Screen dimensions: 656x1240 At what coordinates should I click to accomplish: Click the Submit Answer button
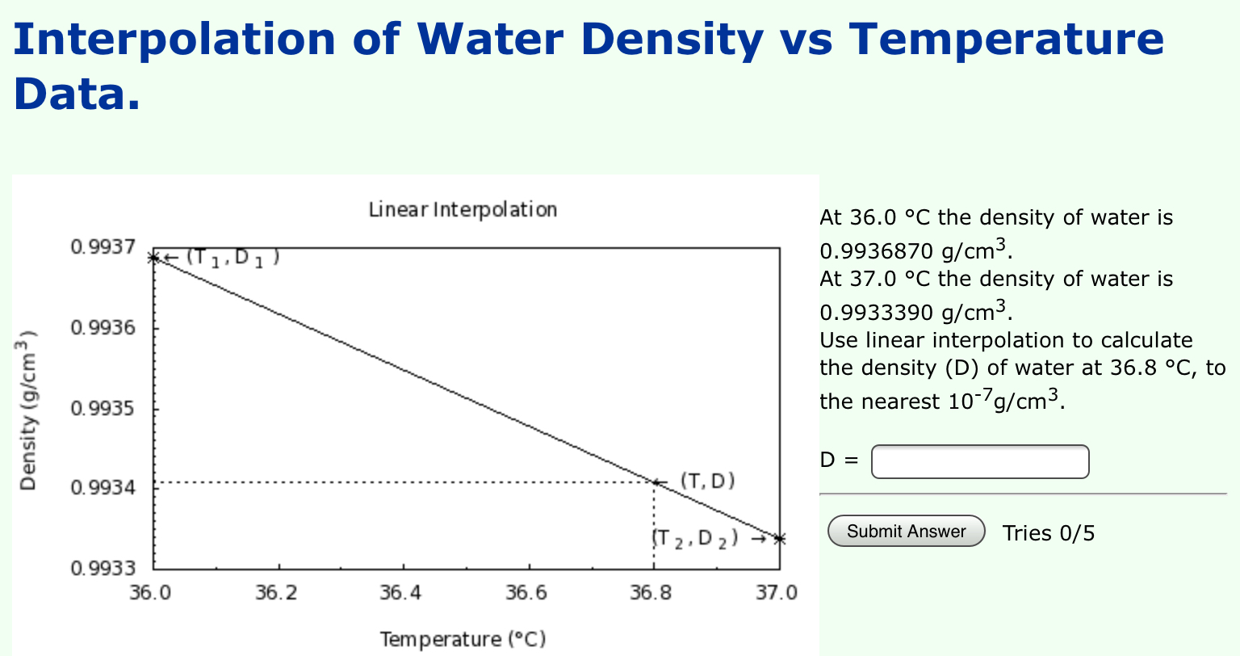(906, 532)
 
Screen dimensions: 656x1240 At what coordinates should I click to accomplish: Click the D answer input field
(980, 461)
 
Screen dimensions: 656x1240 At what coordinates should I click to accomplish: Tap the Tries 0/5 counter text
(1049, 533)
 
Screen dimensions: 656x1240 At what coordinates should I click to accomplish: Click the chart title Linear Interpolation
(463, 210)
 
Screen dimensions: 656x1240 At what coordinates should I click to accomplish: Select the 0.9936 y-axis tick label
(103, 328)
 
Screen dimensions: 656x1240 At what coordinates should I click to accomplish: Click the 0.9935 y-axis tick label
(103, 408)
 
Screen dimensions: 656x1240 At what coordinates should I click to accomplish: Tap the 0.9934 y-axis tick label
(103, 488)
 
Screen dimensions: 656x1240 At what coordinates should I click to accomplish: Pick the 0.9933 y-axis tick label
(103, 568)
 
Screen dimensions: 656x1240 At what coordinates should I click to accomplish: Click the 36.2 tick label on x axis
(276, 594)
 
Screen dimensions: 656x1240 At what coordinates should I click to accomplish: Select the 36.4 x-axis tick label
(400, 594)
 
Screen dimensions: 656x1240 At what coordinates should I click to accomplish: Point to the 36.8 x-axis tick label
(651, 594)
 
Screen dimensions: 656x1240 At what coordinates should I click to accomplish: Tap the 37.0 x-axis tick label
(776, 594)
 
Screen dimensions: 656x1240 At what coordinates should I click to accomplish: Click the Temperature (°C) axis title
(463, 639)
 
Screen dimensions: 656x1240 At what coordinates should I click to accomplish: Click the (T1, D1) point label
(232, 258)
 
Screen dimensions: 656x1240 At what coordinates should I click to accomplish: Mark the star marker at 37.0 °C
(779, 538)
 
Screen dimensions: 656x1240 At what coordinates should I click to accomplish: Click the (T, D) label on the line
(708, 481)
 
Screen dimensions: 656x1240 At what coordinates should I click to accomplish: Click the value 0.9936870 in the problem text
(876, 250)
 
